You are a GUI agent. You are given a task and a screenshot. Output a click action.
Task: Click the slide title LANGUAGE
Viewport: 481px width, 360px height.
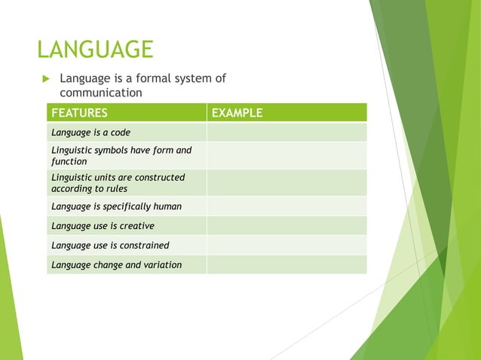point(95,50)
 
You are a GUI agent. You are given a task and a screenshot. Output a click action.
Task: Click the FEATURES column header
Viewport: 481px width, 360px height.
point(78,113)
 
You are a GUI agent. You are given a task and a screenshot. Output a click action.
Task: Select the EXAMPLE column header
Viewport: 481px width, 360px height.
point(237,113)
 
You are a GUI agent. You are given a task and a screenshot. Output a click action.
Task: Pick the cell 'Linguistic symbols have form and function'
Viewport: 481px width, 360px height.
point(121,155)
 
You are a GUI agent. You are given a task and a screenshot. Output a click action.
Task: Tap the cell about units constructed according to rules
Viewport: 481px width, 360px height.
point(118,182)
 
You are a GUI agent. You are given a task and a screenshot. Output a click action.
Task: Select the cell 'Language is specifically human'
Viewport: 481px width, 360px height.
point(116,206)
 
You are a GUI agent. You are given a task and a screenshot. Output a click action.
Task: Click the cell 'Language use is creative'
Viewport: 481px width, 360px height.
point(103,225)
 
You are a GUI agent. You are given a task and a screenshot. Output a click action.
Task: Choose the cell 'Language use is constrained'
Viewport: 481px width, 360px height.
point(110,245)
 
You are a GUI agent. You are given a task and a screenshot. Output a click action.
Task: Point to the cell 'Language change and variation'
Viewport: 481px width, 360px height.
point(116,264)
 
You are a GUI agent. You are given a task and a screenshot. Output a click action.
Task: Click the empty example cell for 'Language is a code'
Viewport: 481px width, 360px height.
point(286,133)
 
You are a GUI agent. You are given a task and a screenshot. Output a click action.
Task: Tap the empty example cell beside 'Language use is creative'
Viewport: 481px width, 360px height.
point(286,225)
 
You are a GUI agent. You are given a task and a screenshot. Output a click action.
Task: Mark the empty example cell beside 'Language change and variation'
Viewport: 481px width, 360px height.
point(286,264)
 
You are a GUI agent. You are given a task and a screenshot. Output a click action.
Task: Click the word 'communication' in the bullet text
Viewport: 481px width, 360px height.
point(101,93)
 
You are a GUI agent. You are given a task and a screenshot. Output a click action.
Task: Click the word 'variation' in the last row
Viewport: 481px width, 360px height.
point(161,264)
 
